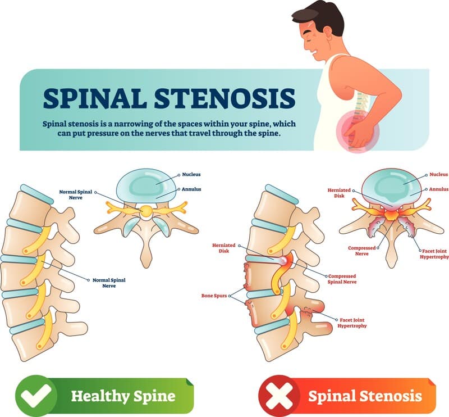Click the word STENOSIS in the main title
[225, 98]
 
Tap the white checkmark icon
[36, 396]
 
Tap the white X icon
[279, 396]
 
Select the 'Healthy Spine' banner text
[123, 396]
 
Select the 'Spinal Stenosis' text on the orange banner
[365, 396]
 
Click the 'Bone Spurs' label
[214, 296]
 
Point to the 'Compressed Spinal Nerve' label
[342, 279]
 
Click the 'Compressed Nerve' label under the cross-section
[361, 251]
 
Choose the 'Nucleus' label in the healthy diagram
[191, 174]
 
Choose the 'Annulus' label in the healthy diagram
[191, 189]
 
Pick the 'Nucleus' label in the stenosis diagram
[439, 174]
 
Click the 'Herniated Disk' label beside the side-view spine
[223, 248]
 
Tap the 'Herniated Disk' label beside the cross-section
[339, 193]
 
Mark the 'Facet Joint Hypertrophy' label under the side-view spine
[352, 323]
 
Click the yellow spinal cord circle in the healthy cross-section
[146, 211]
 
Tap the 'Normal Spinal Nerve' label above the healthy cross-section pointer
[76, 195]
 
